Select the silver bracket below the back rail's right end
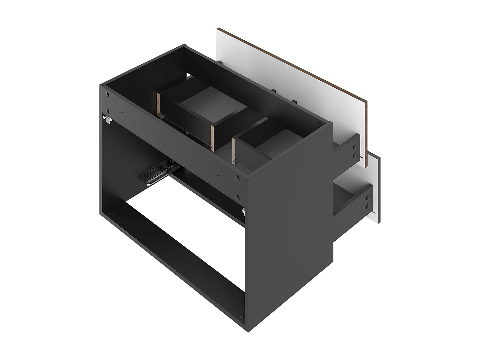coord(244,210)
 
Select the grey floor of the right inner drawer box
coord(278,141)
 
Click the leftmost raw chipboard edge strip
coord(158,104)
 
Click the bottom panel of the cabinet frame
coord(179,243)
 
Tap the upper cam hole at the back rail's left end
coord(108,95)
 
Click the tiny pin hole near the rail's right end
coord(218,175)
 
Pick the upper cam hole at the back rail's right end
coord(237,177)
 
